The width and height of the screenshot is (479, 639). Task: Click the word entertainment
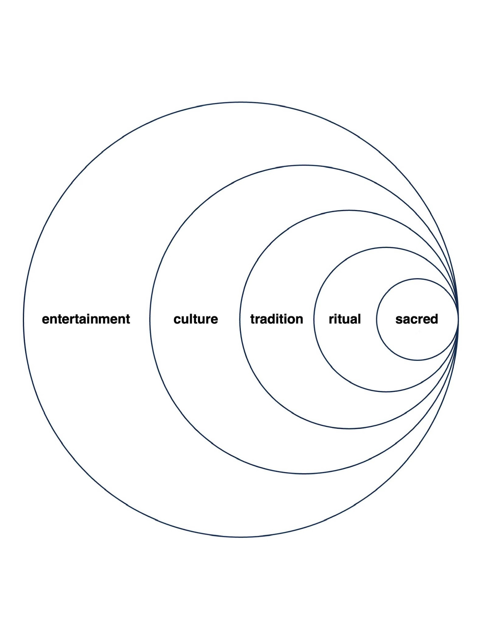86,319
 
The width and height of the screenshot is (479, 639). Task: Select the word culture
196,319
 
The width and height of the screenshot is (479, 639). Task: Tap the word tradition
277,319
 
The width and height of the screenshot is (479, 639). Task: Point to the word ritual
345,319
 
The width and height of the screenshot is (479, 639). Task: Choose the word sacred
417,319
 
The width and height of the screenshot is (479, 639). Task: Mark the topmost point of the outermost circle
241,102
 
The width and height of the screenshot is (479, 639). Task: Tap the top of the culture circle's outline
304,165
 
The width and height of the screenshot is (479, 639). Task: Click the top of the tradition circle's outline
349,210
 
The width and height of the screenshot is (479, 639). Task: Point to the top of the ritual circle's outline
386,247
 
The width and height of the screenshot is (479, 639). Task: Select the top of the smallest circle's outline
417,279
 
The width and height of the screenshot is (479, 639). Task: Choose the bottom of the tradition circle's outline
349,428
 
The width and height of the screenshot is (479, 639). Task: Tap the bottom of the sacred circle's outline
417,360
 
